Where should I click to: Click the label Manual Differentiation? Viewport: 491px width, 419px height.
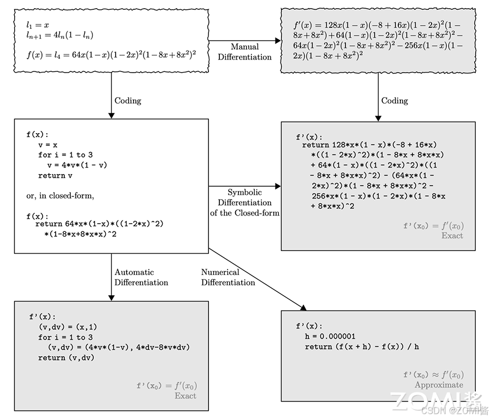(244, 52)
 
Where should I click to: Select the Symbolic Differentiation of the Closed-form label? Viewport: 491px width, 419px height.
(244, 202)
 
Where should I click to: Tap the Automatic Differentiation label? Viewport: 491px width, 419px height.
(141, 277)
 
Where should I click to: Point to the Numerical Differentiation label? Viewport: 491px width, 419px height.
(228, 277)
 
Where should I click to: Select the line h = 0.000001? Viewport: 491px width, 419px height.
(330, 336)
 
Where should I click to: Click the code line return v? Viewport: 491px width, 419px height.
(55, 176)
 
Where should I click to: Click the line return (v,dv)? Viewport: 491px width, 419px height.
(66, 358)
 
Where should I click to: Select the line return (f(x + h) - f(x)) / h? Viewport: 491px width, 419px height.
(362, 346)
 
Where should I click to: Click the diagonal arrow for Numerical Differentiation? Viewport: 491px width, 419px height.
(256, 279)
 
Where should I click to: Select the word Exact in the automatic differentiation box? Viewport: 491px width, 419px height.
(185, 396)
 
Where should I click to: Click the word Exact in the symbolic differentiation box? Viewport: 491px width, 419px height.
(452, 236)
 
